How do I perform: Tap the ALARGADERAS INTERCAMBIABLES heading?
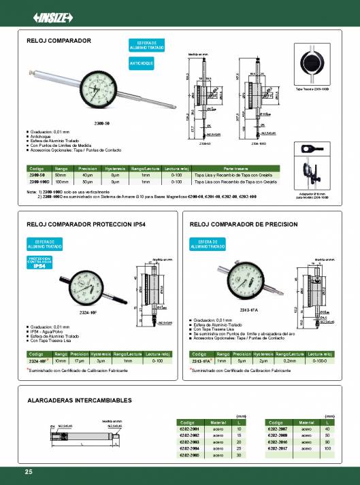(78, 401)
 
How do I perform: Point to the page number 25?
(28, 472)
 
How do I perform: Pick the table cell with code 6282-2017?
(281, 448)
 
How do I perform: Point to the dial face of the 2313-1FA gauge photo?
(244, 279)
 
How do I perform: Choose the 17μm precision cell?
(80, 361)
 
